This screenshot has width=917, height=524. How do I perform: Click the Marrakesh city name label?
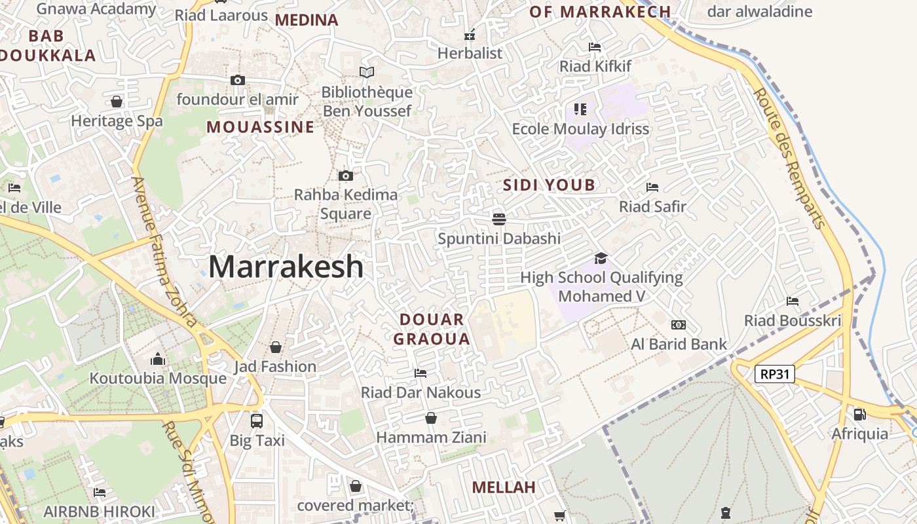coord(286,267)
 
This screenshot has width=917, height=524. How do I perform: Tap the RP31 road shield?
coord(775,374)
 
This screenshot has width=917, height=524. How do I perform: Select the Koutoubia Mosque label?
coord(158,379)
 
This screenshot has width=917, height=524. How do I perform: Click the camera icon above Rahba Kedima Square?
coord(345,176)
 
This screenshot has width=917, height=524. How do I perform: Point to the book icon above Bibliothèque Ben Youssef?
coord(367,73)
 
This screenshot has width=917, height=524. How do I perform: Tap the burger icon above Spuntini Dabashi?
coord(499,219)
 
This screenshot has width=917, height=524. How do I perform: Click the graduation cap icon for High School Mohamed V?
coord(601,259)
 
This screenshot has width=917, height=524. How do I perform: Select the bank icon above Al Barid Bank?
coord(679,325)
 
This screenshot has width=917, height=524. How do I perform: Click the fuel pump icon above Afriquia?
coord(859,414)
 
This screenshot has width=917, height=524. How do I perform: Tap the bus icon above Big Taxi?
coord(257,421)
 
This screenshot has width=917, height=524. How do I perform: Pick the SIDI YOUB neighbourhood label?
coord(549,185)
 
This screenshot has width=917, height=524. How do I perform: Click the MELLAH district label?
coord(504,487)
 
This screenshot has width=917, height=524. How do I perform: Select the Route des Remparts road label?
coord(789,158)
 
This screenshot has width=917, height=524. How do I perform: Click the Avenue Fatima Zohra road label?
coord(164,252)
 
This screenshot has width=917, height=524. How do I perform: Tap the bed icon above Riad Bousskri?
coord(793,301)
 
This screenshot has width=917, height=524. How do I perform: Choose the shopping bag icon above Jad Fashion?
coord(276,346)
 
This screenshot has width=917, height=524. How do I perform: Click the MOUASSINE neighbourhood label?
coord(261,127)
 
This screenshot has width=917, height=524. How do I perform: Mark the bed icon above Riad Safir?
coord(652,187)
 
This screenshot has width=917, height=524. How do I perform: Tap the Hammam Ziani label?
coord(431,438)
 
